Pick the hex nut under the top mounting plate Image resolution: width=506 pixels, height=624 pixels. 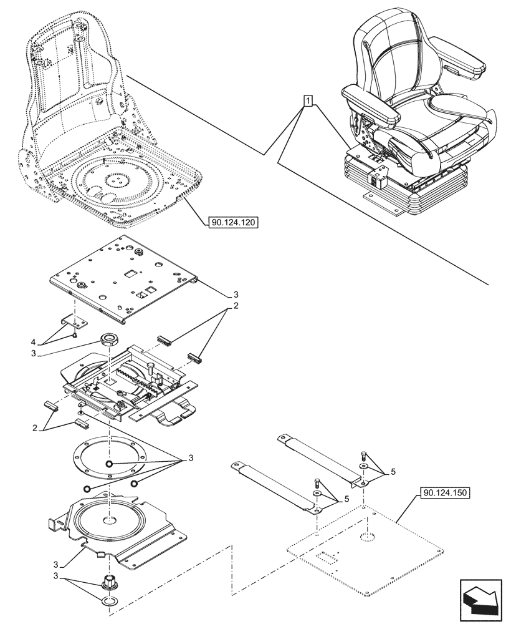coord(109,341)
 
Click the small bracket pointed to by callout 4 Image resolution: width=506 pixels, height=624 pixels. coord(74,321)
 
